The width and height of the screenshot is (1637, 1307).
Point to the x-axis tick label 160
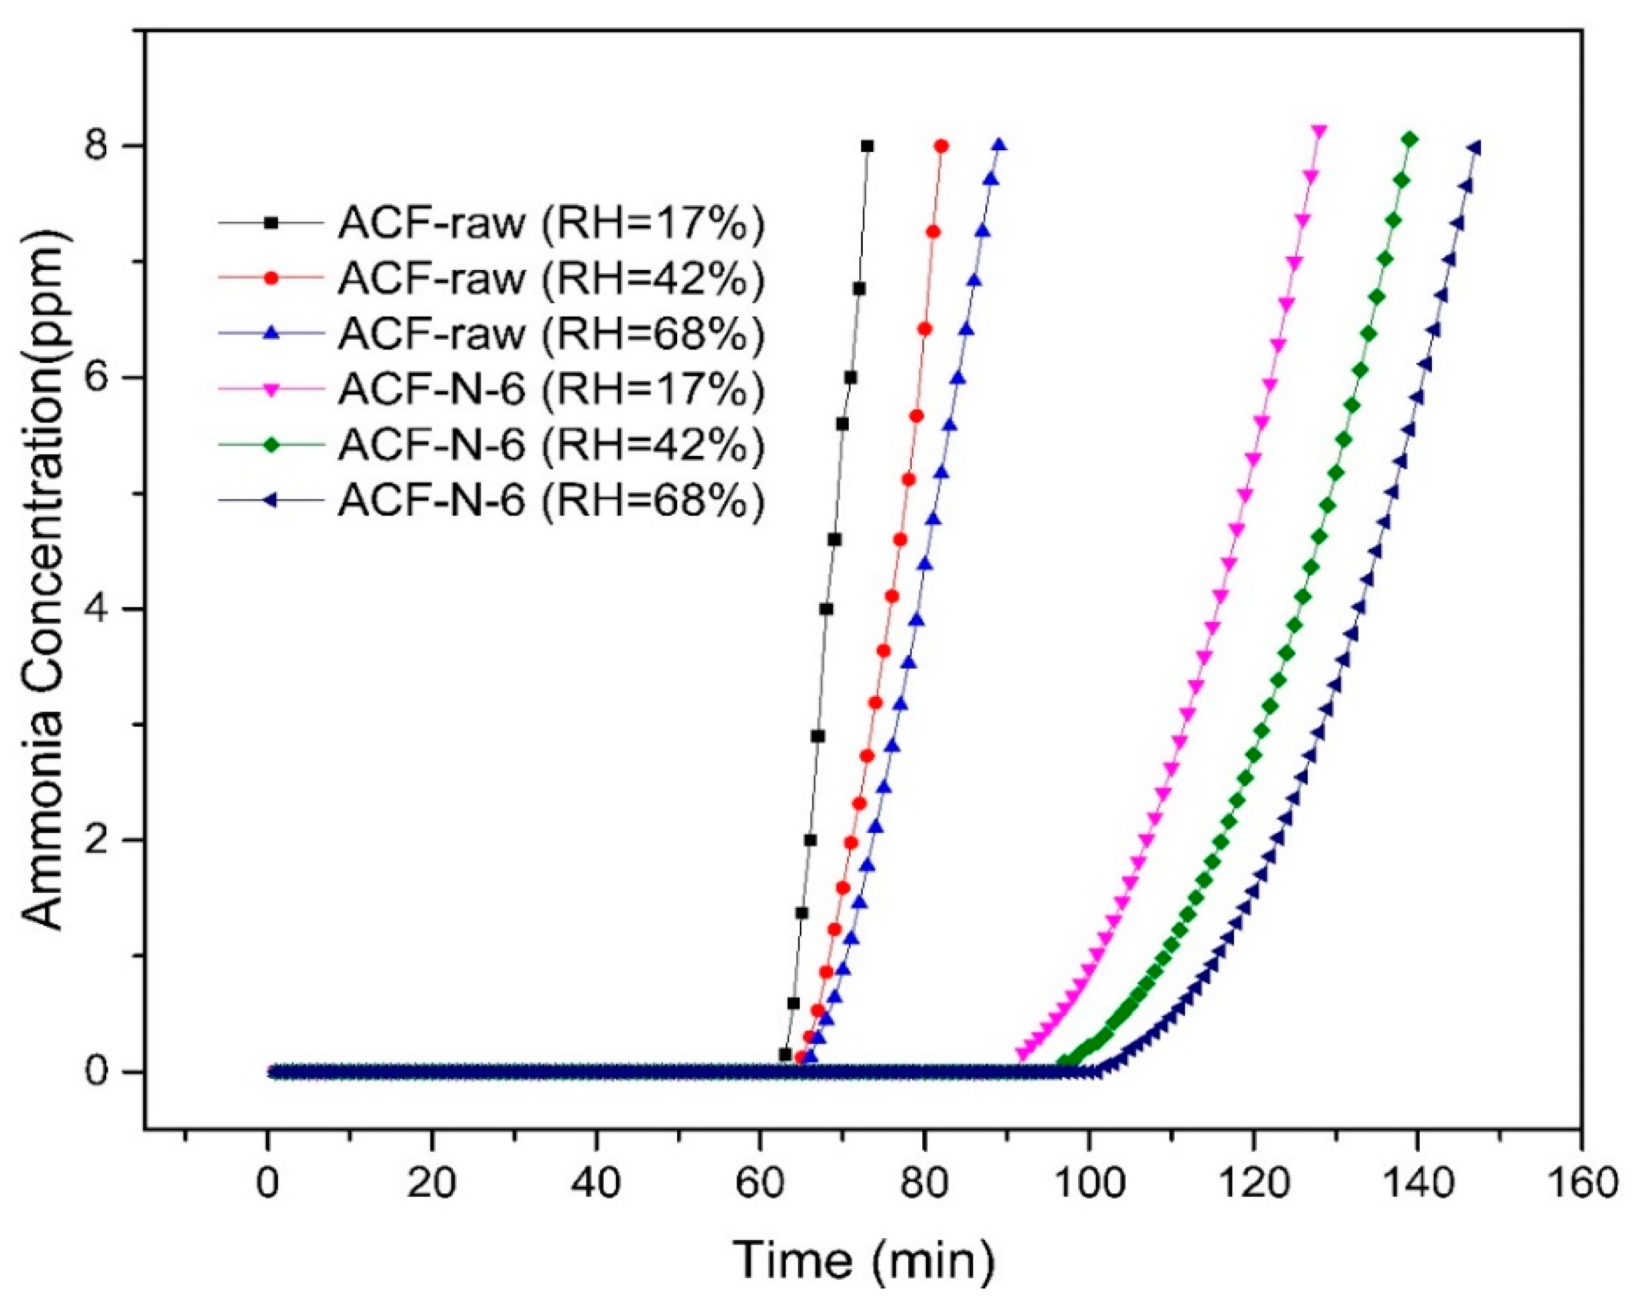(x=1581, y=1184)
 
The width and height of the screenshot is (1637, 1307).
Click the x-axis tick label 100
(x=1088, y=1184)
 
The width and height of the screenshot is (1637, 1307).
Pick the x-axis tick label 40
(x=595, y=1184)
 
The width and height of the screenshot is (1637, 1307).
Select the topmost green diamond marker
(x=1410, y=139)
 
